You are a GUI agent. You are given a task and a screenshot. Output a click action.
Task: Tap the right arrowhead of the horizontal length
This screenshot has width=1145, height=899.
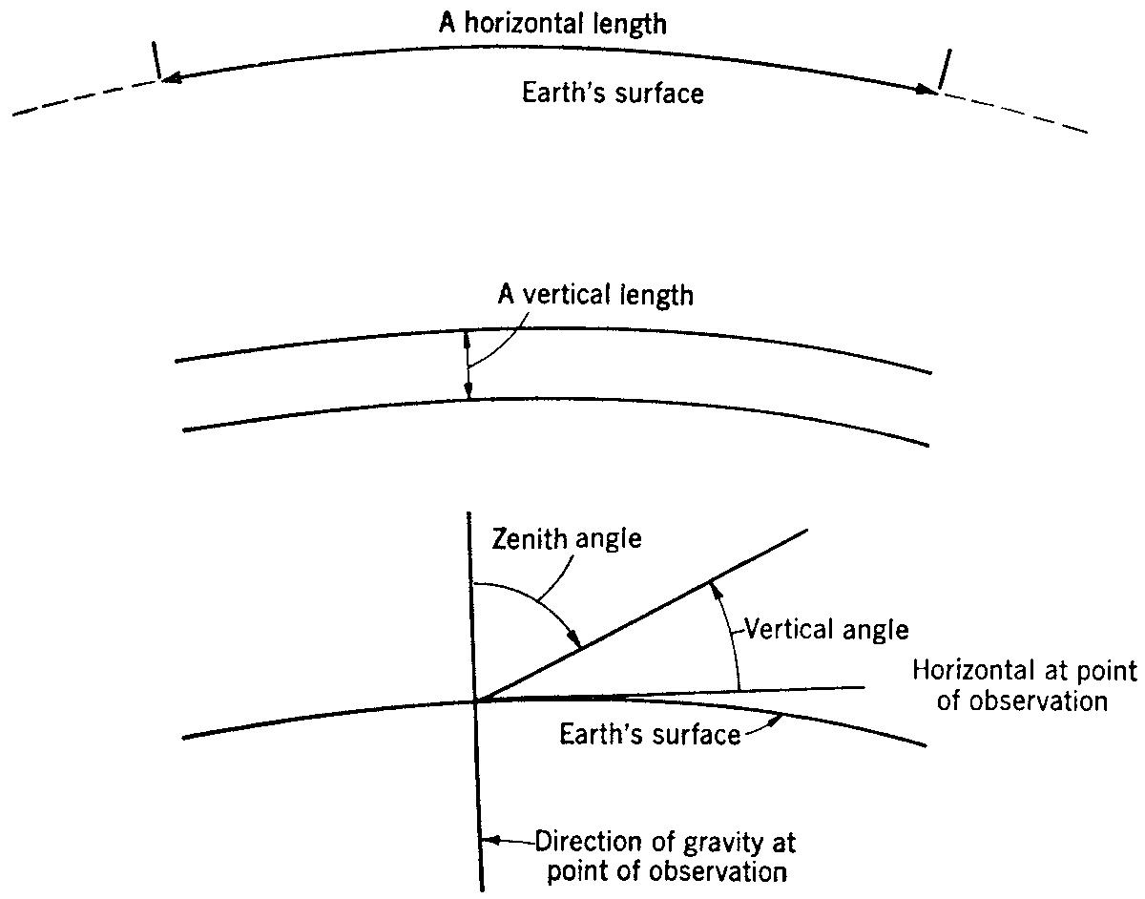tap(925, 89)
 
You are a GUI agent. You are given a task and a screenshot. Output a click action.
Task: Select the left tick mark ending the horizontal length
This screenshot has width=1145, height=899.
tap(155, 64)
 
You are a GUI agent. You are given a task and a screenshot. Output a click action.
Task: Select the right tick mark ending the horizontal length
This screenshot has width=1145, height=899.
tap(944, 69)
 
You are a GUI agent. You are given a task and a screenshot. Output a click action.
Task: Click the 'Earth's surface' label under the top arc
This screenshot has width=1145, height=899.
tap(613, 94)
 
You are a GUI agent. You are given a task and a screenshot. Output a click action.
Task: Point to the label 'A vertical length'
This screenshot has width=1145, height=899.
tap(596, 294)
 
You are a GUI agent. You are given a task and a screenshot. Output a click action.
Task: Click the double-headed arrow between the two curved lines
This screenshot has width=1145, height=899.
tap(468, 364)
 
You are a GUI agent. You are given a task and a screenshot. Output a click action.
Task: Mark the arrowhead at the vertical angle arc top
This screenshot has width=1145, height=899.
tap(710, 589)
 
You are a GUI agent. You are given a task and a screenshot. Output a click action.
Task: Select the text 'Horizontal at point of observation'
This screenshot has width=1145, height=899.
tap(1025, 685)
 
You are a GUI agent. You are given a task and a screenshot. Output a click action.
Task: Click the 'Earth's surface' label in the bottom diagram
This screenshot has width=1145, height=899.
tap(650, 736)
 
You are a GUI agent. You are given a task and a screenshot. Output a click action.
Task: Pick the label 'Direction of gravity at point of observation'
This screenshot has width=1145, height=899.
tap(664, 857)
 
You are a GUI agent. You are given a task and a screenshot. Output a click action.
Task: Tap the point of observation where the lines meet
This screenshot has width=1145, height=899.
tap(475, 701)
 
